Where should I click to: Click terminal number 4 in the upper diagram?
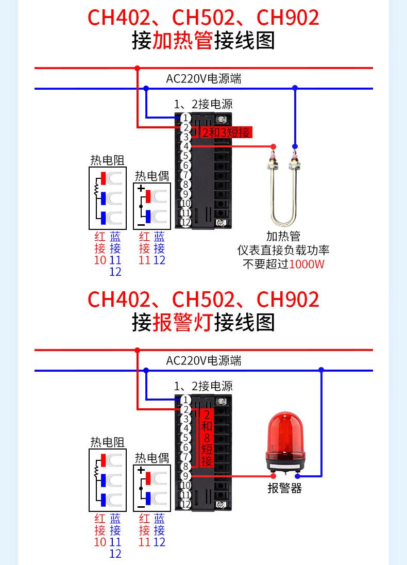click(186, 146)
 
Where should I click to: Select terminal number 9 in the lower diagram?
click(186, 476)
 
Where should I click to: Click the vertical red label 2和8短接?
click(207, 438)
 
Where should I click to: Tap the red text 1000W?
click(307, 264)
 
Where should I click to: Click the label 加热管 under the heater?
click(283, 237)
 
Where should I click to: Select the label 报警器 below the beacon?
click(284, 488)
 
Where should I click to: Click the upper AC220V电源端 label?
click(203, 79)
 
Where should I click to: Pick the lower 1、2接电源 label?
click(203, 386)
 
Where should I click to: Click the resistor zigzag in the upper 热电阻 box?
click(95, 190)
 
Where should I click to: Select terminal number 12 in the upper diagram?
click(186, 222)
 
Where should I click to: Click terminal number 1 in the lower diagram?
click(186, 400)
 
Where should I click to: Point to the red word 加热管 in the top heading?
click(183, 41)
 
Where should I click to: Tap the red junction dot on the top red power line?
click(137, 68)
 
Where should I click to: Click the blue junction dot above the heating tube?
click(295, 88)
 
